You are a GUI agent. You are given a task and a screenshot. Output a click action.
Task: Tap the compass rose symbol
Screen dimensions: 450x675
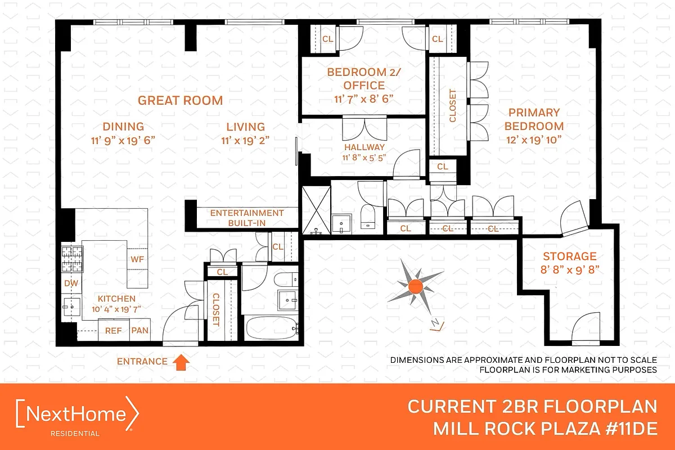[415, 286]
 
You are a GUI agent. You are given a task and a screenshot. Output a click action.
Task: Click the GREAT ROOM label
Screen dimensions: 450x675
[181, 101]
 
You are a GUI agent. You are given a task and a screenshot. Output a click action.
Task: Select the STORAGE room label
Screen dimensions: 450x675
[570, 256]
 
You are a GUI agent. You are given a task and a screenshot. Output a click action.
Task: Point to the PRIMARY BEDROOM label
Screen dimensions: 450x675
[534, 119]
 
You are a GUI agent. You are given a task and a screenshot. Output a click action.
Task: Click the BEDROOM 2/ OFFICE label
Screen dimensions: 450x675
[356, 79]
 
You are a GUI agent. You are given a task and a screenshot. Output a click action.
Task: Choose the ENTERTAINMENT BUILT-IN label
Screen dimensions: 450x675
[246, 218]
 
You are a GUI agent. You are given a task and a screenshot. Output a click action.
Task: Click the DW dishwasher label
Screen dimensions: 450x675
[71, 283]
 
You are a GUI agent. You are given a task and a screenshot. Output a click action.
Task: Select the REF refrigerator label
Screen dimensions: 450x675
[114, 330]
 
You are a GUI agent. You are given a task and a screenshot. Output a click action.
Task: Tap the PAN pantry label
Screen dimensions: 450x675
[139, 330]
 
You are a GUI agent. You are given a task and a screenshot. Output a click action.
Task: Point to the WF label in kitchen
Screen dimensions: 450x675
[137, 259]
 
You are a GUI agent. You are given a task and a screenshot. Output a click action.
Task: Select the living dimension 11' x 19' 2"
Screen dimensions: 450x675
[246, 141]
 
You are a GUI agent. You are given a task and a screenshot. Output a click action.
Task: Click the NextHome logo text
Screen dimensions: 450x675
[78, 415]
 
